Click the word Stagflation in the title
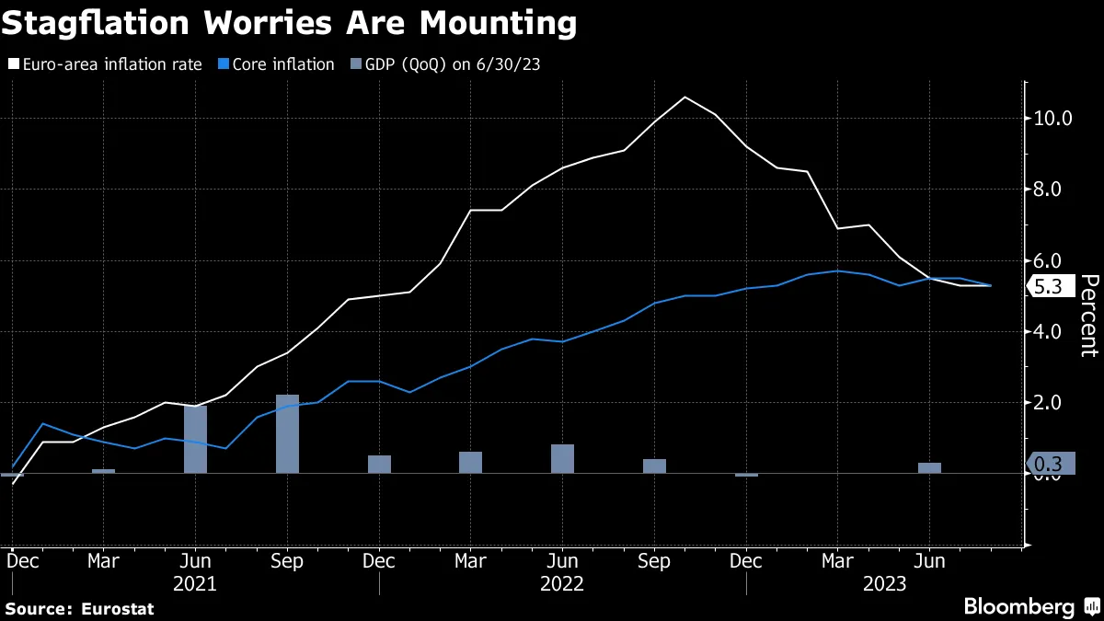point(96,24)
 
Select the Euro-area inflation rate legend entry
point(105,64)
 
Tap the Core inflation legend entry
point(277,64)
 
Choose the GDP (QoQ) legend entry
point(445,64)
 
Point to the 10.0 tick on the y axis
point(1052,119)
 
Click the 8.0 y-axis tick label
point(1047,190)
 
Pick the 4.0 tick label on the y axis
point(1047,332)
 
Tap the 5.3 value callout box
point(1051,286)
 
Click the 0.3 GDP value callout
point(1051,464)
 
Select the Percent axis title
point(1088,316)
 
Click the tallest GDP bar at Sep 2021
point(287,433)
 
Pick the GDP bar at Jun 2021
point(196,439)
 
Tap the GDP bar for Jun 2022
point(562,459)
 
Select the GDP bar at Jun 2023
point(929,467)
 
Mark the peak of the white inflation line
point(685,98)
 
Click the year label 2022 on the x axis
point(562,584)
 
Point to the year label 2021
point(195,584)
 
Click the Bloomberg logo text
point(1019,606)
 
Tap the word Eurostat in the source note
point(118,609)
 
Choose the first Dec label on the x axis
point(23,561)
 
